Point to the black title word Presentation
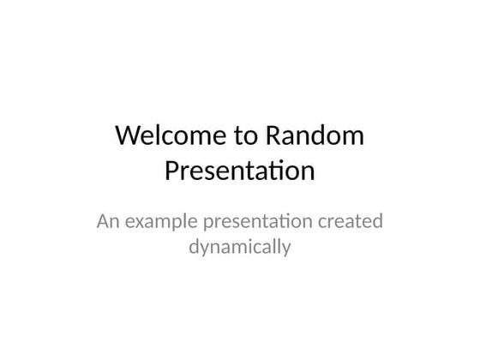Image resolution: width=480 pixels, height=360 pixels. click(239, 172)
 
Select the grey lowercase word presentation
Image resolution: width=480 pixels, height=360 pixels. click(255, 223)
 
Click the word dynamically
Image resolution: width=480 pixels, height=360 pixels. click(239, 249)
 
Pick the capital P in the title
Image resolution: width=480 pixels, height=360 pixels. click(171, 172)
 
